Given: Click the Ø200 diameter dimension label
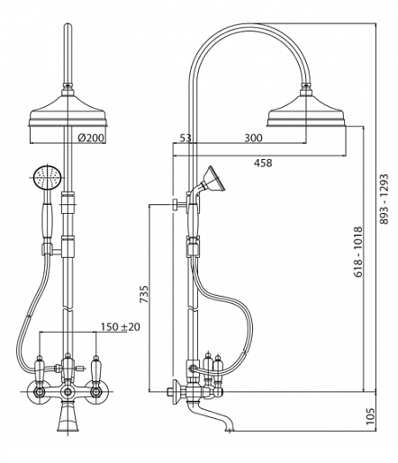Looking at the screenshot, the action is [91, 138].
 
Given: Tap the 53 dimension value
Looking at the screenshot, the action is [185, 138].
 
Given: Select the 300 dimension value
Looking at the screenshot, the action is [253, 138].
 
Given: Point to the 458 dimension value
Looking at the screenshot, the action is [263, 163].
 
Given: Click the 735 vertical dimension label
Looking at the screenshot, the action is [144, 294].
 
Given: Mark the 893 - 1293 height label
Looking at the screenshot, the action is [384, 200].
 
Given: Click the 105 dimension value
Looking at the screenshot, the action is [371, 416].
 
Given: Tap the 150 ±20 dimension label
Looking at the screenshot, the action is [121, 326].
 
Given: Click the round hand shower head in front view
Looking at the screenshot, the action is [48, 178].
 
